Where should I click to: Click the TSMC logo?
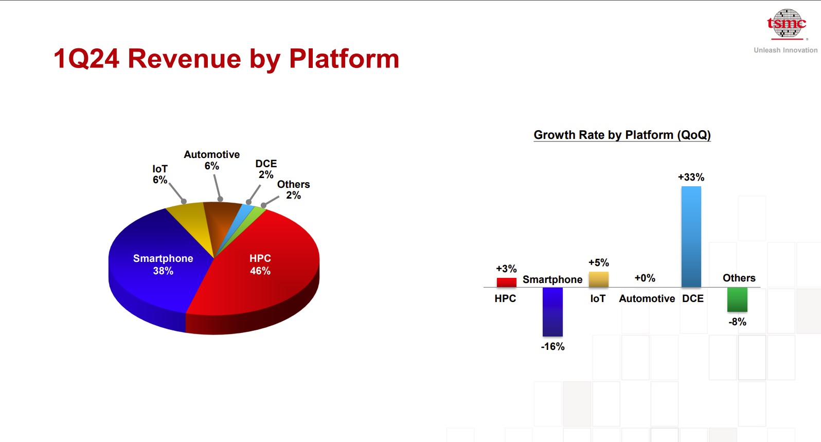coord(787,24)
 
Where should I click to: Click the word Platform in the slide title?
coord(344,59)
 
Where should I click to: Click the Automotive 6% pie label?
coord(212,160)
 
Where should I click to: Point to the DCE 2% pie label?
coord(266,169)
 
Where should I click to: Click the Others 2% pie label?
coord(293,189)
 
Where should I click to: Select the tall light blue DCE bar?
coord(691,237)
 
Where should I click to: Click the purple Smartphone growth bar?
coord(552,312)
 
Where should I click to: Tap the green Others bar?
coord(738,300)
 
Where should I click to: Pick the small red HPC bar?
coord(507,282)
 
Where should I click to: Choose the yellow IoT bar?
coord(599,279)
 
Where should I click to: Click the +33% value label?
coord(691,178)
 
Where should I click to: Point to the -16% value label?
coord(552,346)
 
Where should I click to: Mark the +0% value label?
coord(645,278)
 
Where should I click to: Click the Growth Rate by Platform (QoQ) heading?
coord(622,135)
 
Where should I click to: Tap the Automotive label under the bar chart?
coord(647,299)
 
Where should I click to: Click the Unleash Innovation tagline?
coord(786,50)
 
